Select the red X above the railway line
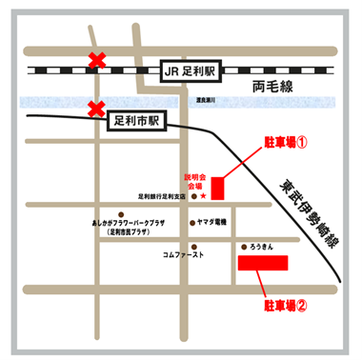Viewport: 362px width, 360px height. point(96,62)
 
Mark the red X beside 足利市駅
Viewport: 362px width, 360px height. point(96,109)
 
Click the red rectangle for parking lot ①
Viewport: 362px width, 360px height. point(217,188)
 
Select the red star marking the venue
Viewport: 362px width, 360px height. point(202,197)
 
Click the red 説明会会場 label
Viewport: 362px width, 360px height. point(194,182)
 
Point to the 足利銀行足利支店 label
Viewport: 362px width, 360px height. point(162,197)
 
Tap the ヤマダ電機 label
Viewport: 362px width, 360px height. point(205,220)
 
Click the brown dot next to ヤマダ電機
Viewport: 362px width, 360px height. point(189,220)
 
